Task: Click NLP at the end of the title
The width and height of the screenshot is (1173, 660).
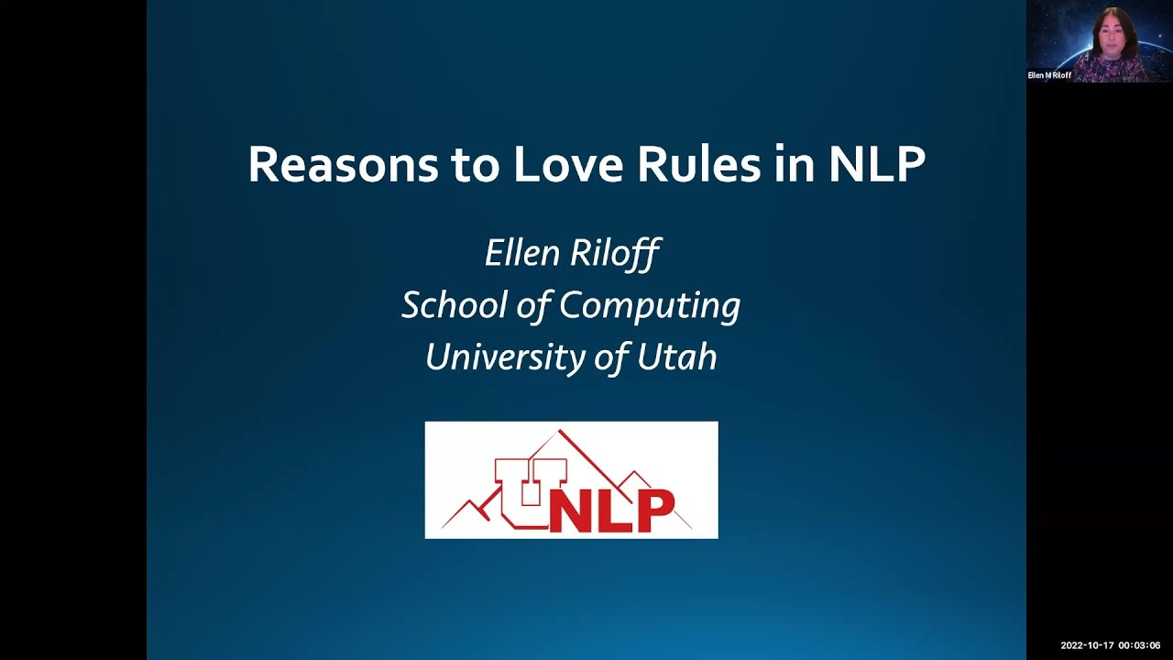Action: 877,165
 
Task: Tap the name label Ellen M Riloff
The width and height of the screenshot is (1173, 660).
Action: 1050,75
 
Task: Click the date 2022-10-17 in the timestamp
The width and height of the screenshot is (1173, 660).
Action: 1087,645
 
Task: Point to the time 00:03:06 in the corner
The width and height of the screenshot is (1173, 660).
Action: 1139,645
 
